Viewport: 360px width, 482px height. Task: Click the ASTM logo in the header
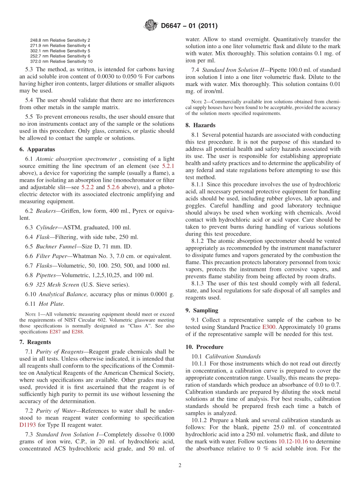(151, 26)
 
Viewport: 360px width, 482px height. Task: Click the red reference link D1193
(27, 425)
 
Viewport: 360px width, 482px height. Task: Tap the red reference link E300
(269, 327)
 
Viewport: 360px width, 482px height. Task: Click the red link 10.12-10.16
(292, 441)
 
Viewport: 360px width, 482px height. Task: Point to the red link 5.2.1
(168, 166)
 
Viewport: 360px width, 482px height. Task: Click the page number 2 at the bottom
(180, 465)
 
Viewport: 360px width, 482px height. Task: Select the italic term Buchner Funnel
(56, 247)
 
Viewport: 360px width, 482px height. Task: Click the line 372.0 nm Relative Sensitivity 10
(61, 61)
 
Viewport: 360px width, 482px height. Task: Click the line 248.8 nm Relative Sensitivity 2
(60, 40)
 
